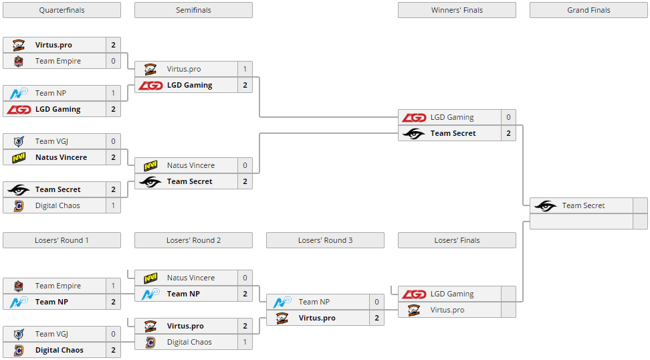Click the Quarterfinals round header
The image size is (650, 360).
[x=62, y=10]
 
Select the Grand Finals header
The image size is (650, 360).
[x=588, y=10]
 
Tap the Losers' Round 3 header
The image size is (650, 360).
[x=325, y=240]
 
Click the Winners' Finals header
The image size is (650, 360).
[x=457, y=10]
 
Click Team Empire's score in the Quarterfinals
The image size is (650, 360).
[x=113, y=61]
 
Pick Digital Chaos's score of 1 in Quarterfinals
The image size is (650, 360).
[x=113, y=205]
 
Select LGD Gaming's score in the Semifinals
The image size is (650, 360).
[x=245, y=85]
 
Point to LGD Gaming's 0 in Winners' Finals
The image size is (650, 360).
[x=508, y=117]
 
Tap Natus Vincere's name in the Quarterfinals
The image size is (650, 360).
[x=61, y=157]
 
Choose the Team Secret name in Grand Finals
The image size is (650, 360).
[x=583, y=205]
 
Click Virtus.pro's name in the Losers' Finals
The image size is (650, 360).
[x=447, y=310]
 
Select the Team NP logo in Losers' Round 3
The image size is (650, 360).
[x=282, y=302]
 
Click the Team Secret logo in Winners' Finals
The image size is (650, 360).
[x=414, y=133]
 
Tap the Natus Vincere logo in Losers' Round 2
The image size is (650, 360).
[x=150, y=278]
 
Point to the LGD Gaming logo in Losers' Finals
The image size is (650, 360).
[x=414, y=294]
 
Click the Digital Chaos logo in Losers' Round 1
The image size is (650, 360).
[x=19, y=350]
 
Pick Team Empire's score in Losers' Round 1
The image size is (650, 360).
[x=113, y=286]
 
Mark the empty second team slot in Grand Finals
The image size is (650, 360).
[x=580, y=221]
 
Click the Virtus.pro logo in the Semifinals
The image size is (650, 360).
[x=150, y=69]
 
